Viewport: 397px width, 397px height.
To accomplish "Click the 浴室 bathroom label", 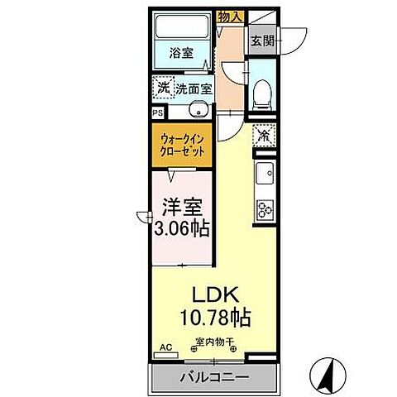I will tap(182, 53).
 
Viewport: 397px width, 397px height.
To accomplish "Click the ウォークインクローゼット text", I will tap(181, 146).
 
